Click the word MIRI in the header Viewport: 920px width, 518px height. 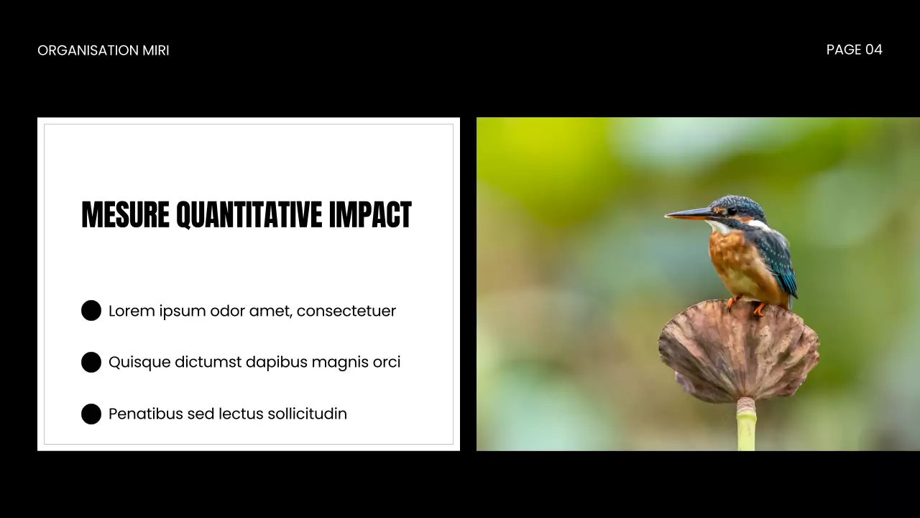(156, 50)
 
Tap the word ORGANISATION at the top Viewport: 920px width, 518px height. (88, 50)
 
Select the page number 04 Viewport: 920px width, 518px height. (873, 50)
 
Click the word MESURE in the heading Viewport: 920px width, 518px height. (125, 215)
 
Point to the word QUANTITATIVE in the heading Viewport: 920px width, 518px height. (249, 215)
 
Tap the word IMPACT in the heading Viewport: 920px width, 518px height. (370, 215)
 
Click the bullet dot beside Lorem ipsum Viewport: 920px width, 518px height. (91, 311)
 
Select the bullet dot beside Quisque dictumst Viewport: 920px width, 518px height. (91, 362)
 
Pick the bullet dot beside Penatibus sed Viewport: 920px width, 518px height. (91, 414)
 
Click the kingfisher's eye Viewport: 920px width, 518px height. (731, 212)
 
